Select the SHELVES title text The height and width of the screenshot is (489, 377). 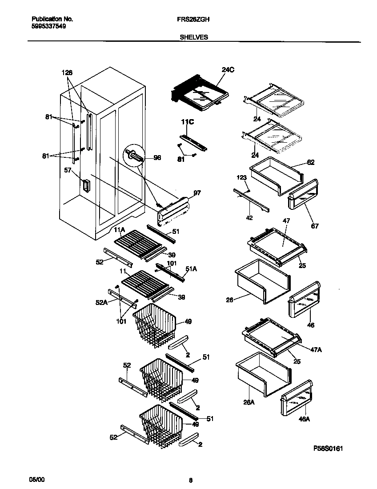(x=193, y=38)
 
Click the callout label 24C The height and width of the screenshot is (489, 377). (x=228, y=69)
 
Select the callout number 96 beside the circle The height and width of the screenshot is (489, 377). (x=157, y=157)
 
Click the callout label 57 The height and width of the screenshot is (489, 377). (x=68, y=171)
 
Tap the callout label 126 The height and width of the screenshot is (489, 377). (x=67, y=72)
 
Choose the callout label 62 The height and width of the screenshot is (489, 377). (x=310, y=163)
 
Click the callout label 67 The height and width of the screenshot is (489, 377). (x=315, y=226)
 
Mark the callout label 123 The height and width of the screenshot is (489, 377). (x=241, y=178)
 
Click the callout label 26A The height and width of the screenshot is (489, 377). (x=249, y=402)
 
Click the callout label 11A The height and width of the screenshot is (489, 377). (x=119, y=230)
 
